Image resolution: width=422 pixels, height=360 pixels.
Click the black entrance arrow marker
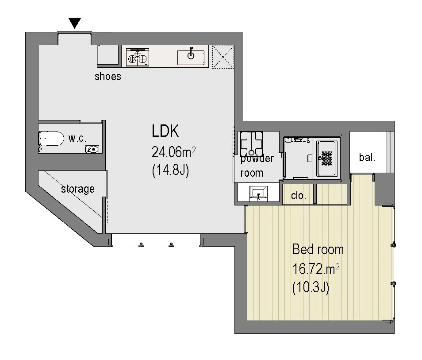(x=75, y=23)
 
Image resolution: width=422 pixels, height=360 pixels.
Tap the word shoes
(x=108, y=77)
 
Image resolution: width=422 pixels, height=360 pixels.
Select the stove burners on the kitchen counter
(x=138, y=58)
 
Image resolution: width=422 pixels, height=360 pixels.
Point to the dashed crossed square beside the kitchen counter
(x=223, y=57)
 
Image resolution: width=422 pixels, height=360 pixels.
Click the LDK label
(x=165, y=131)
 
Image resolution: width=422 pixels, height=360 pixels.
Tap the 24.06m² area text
(x=173, y=152)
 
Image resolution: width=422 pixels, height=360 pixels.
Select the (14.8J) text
(x=171, y=170)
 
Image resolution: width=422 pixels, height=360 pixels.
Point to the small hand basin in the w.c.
(x=92, y=149)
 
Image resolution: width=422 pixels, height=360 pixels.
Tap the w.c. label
(x=77, y=139)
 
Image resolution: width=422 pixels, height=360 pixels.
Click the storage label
(x=78, y=189)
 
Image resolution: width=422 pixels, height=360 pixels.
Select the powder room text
(x=257, y=166)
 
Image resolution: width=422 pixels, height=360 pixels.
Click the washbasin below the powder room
(x=259, y=193)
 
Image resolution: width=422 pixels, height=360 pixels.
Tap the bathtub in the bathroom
(x=327, y=158)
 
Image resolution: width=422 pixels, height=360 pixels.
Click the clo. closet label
(x=299, y=196)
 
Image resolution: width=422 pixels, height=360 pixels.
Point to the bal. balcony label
(x=367, y=157)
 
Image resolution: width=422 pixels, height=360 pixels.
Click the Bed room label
(x=318, y=250)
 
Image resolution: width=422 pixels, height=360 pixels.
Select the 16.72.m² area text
(x=316, y=269)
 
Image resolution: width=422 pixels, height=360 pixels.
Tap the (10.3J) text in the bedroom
(x=311, y=288)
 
